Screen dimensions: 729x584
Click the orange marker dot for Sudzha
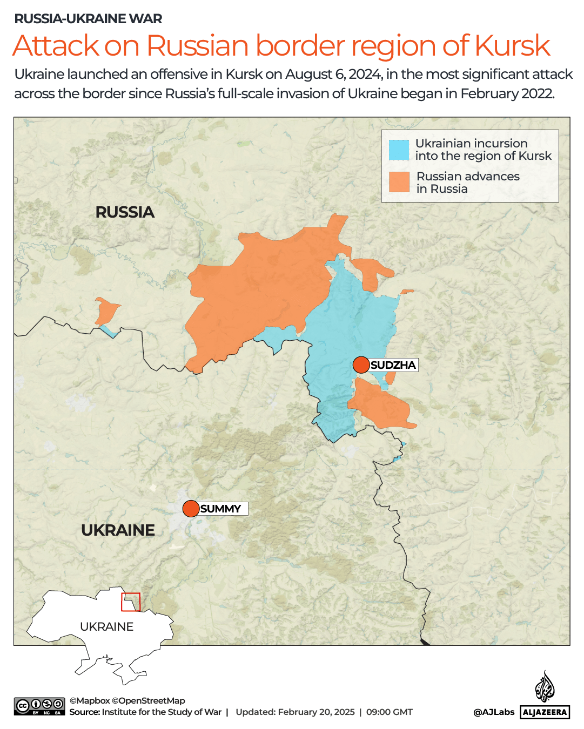click(361, 365)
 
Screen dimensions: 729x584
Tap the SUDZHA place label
click(393, 365)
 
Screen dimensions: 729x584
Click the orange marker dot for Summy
click(191, 509)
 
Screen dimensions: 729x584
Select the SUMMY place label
click(220, 509)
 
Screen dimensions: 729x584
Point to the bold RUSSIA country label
click(125, 212)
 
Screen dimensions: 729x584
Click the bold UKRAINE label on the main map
click(118, 530)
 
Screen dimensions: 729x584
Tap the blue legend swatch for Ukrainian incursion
click(399, 150)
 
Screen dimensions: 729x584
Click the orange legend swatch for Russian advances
click(399, 183)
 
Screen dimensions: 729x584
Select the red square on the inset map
click(131, 602)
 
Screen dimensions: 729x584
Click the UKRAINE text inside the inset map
click(106, 626)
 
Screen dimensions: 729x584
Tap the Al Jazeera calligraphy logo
click(545, 687)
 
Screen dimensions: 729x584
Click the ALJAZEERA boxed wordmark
click(545, 712)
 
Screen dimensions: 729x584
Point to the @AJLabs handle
click(494, 712)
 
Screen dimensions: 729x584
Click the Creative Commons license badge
click(39, 706)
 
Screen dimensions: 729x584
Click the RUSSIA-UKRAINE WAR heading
click(88, 19)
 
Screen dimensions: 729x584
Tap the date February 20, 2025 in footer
click(316, 712)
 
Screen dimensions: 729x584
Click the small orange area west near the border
click(106, 311)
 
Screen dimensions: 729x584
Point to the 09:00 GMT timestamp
click(390, 712)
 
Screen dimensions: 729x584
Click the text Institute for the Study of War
click(162, 712)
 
